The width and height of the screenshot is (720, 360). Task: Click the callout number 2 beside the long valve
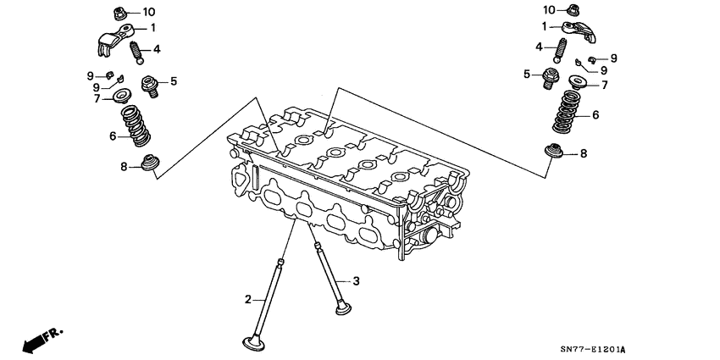[248, 299]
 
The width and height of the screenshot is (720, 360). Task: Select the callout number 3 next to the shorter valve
[357, 280]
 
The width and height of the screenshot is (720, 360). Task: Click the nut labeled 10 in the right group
[573, 10]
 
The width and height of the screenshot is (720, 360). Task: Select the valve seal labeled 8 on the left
[150, 163]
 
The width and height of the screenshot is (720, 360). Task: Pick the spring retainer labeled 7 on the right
[579, 83]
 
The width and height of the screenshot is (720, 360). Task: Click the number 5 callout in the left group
[174, 81]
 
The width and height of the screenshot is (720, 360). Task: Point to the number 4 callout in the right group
[538, 46]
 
